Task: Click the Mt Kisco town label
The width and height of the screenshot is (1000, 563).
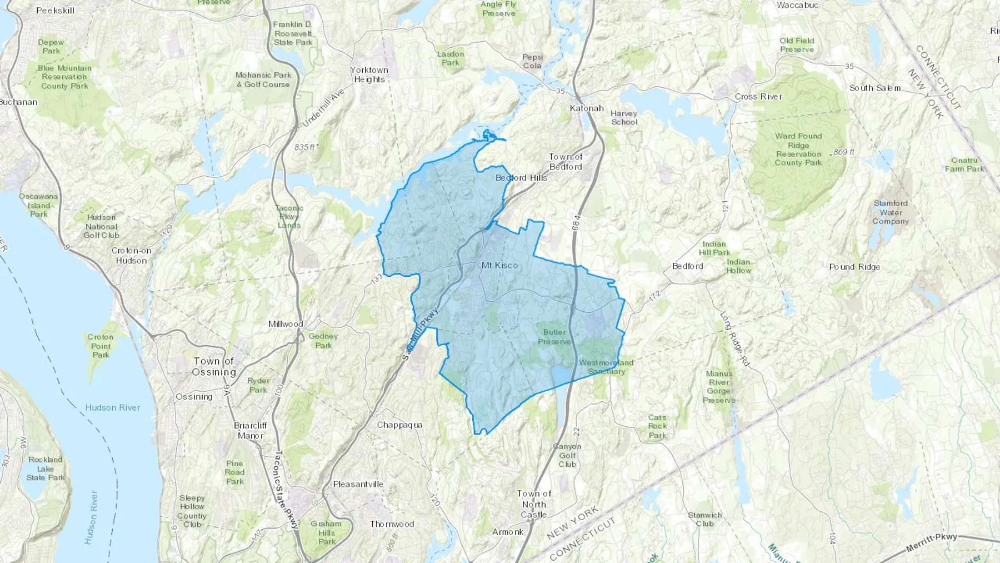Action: tap(499, 266)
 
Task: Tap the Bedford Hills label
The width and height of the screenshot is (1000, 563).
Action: tap(521, 178)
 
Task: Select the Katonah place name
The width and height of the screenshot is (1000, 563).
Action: tap(587, 108)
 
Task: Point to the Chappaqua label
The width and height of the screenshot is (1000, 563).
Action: tap(400, 425)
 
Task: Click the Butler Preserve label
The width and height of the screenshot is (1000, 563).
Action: tap(554, 337)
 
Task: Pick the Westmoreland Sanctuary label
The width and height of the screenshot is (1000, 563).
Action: tap(606, 367)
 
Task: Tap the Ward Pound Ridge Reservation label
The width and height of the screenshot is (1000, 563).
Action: tap(798, 150)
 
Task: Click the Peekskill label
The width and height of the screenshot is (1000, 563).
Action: tap(55, 11)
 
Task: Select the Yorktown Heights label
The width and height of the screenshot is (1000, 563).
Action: tap(369, 74)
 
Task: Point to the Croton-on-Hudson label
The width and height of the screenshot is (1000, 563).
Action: tap(132, 256)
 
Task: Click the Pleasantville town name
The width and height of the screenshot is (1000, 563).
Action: tap(358, 484)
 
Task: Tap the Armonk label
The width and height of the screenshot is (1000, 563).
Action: tap(508, 532)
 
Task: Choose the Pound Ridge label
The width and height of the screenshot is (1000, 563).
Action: tap(854, 267)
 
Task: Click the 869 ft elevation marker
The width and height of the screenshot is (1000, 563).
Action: tap(844, 152)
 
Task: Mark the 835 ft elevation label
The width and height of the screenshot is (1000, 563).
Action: tap(305, 147)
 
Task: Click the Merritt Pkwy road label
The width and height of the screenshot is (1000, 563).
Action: tap(932, 542)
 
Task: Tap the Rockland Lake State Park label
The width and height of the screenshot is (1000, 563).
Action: tap(46, 469)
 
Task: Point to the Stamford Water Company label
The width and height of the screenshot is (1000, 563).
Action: tap(891, 212)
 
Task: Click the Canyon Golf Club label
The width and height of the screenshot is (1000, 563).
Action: tap(567, 455)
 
